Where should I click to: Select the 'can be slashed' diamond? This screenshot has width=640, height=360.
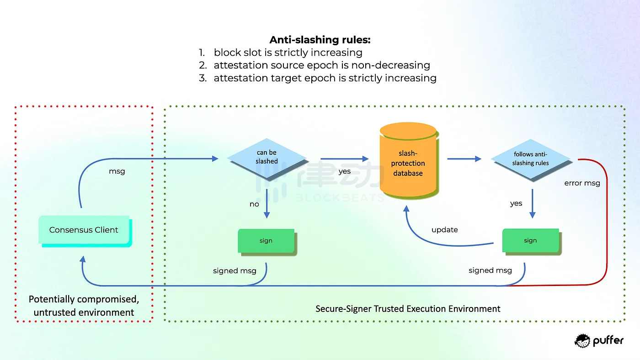click(267, 157)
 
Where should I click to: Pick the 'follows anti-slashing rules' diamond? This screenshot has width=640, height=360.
click(530, 159)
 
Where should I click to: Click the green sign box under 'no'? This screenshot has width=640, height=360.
click(266, 241)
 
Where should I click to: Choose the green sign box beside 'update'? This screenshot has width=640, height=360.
click(530, 240)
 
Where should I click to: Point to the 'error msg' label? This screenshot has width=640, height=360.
click(582, 183)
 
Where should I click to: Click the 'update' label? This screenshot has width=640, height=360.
click(444, 230)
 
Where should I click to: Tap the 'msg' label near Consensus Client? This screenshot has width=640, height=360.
click(117, 171)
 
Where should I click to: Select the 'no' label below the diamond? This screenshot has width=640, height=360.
click(254, 204)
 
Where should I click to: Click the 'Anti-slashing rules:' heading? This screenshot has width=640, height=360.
click(320, 40)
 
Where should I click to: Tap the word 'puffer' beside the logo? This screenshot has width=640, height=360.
click(608, 341)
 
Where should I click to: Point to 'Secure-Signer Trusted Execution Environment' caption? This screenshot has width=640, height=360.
click(408, 309)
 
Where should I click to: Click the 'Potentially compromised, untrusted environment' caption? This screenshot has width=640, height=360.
click(84, 306)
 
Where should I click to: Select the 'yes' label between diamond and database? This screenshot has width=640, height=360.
click(344, 171)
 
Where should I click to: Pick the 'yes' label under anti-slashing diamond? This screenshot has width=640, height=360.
click(516, 204)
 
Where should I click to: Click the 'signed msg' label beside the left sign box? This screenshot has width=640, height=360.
click(235, 271)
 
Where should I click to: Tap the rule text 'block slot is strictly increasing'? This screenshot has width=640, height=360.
click(288, 53)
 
